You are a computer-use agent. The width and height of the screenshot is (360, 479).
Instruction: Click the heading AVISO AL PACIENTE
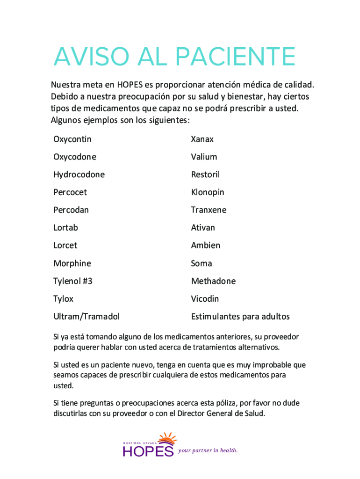click(174, 58)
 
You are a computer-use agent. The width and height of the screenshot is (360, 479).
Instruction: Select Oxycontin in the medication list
click(72, 139)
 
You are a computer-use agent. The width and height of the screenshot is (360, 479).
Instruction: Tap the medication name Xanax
click(202, 139)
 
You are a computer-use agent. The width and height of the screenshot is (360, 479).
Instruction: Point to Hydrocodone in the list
click(79, 175)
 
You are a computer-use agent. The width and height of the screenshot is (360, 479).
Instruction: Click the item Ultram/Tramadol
click(86, 317)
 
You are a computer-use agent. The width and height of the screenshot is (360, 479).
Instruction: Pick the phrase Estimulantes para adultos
click(240, 317)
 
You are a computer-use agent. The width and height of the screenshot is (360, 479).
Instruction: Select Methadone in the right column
click(213, 281)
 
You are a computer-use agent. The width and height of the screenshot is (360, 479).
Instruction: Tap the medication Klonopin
click(208, 192)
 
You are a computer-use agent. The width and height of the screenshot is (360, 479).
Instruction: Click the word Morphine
click(72, 263)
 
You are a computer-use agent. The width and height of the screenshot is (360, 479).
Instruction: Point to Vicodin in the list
click(205, 299)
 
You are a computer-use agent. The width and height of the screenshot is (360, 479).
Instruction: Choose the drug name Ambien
click(205, 246)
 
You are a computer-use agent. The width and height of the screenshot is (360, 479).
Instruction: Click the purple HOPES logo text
click(148, 451)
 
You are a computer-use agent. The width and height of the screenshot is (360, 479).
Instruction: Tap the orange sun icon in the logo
click(167, 439)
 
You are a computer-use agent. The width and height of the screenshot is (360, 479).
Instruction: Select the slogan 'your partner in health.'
click(208, 450)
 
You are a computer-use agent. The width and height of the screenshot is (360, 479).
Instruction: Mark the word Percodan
click(71, 210)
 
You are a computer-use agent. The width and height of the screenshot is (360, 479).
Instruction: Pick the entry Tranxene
click(209, 210)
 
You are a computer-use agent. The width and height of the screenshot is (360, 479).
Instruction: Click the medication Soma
click(202, 263)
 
